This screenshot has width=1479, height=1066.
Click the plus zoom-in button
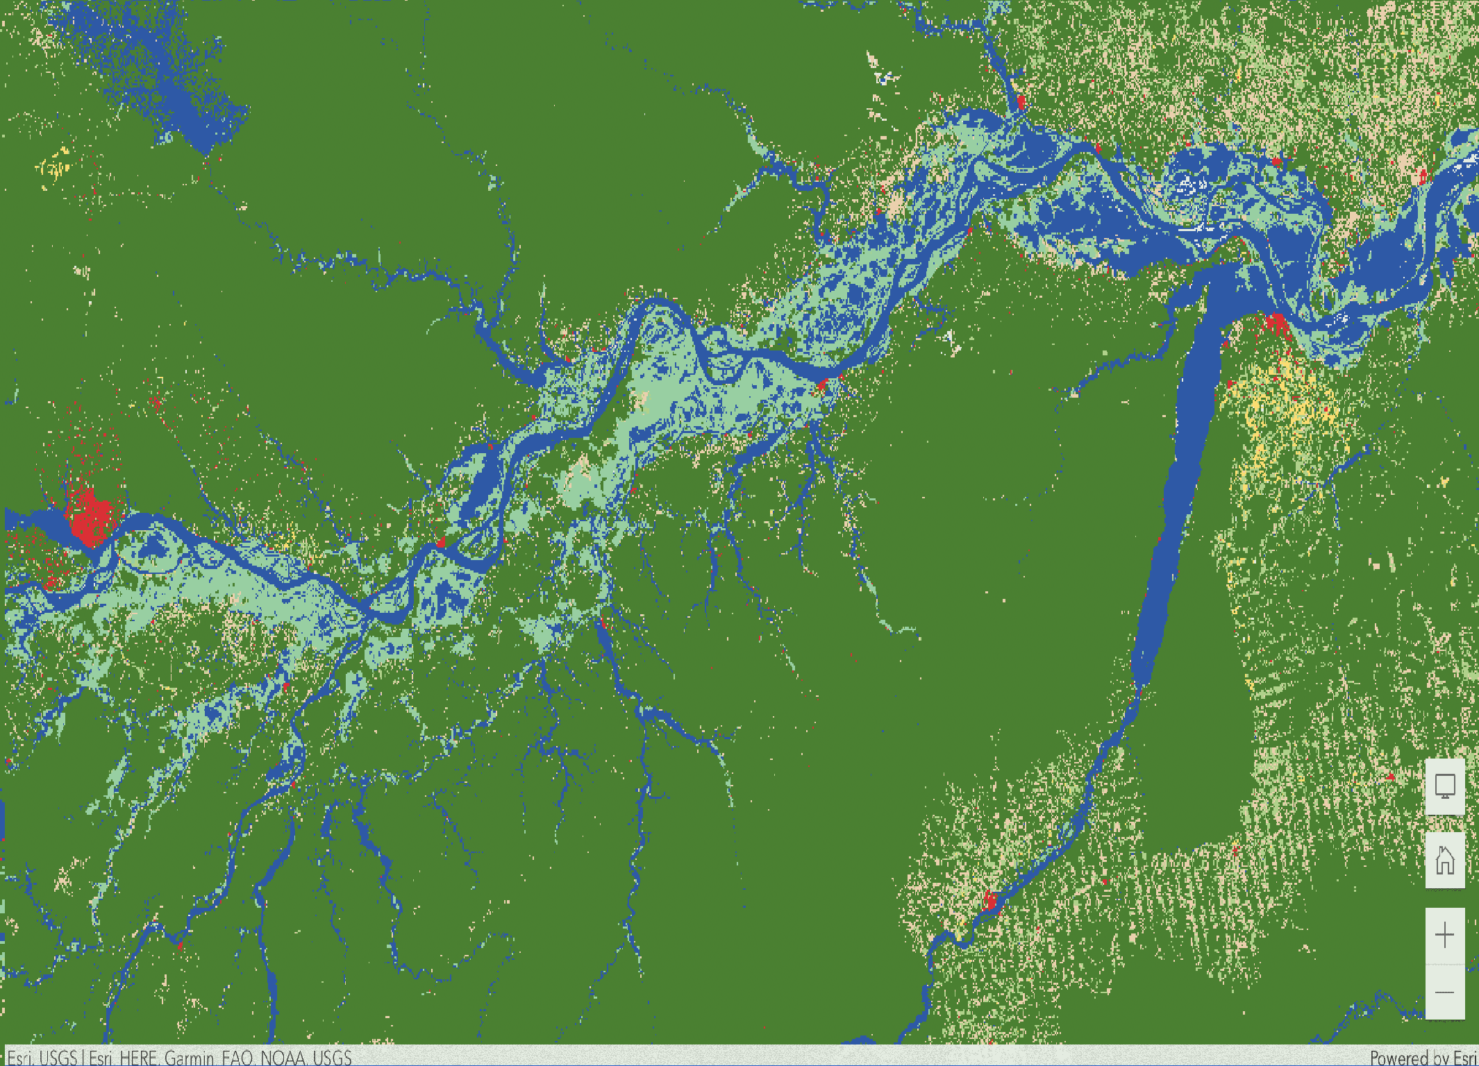[1444, 936]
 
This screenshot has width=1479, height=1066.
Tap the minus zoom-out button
[1444, 992]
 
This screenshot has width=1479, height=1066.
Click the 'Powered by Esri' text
[1423, 1058]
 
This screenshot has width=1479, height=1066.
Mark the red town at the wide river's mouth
[1276, 324]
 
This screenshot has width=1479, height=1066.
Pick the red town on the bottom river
[990, 901]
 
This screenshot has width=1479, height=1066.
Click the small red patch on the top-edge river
[1020, 103]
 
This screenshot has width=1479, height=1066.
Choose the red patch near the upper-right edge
[1422, 176]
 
